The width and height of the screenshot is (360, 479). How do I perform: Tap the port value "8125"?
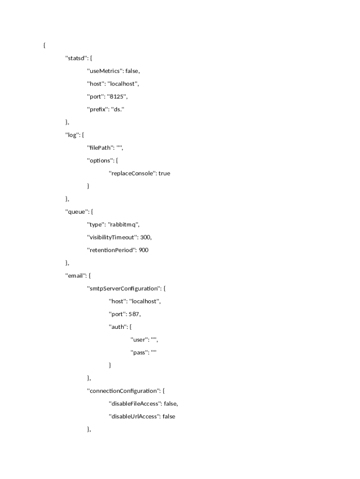click(x=117, y=97)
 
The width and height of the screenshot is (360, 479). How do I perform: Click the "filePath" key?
click(x=100, y=148)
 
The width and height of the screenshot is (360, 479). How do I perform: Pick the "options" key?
click(x=99, y=160)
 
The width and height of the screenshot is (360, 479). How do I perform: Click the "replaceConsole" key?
click(x=132, y=174)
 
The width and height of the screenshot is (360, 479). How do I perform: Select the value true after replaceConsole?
click(x=164, y=174)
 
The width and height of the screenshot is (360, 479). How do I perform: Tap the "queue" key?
click(x=76, y=212)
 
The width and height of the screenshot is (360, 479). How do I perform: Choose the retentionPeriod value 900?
click(x=144, y=250)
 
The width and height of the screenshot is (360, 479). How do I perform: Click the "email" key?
click(x=75, y=276)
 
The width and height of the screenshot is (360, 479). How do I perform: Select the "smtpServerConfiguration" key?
click(x=123, y=289)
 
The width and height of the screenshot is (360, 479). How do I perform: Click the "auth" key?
click(x=117, y=327)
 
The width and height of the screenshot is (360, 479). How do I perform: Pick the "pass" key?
click(x=139, y=353)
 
